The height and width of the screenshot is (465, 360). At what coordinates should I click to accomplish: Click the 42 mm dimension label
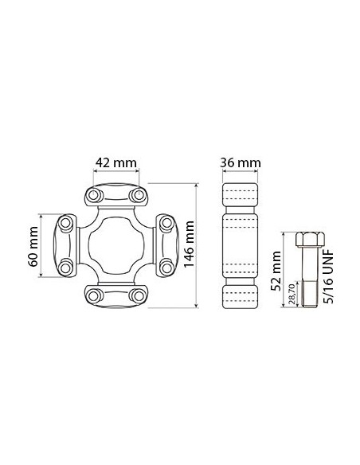(x=116, y=162)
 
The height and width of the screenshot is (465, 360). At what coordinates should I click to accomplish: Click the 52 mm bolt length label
(x=276, y=272)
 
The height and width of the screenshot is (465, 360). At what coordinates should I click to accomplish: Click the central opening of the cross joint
(x=116, y=246)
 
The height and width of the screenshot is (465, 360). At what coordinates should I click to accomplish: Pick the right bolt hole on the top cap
(x=138, y=196)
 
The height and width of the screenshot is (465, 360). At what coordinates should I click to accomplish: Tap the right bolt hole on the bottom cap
(x=138, y=295)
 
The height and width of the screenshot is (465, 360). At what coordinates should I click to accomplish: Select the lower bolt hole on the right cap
(x=166, y=268)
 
